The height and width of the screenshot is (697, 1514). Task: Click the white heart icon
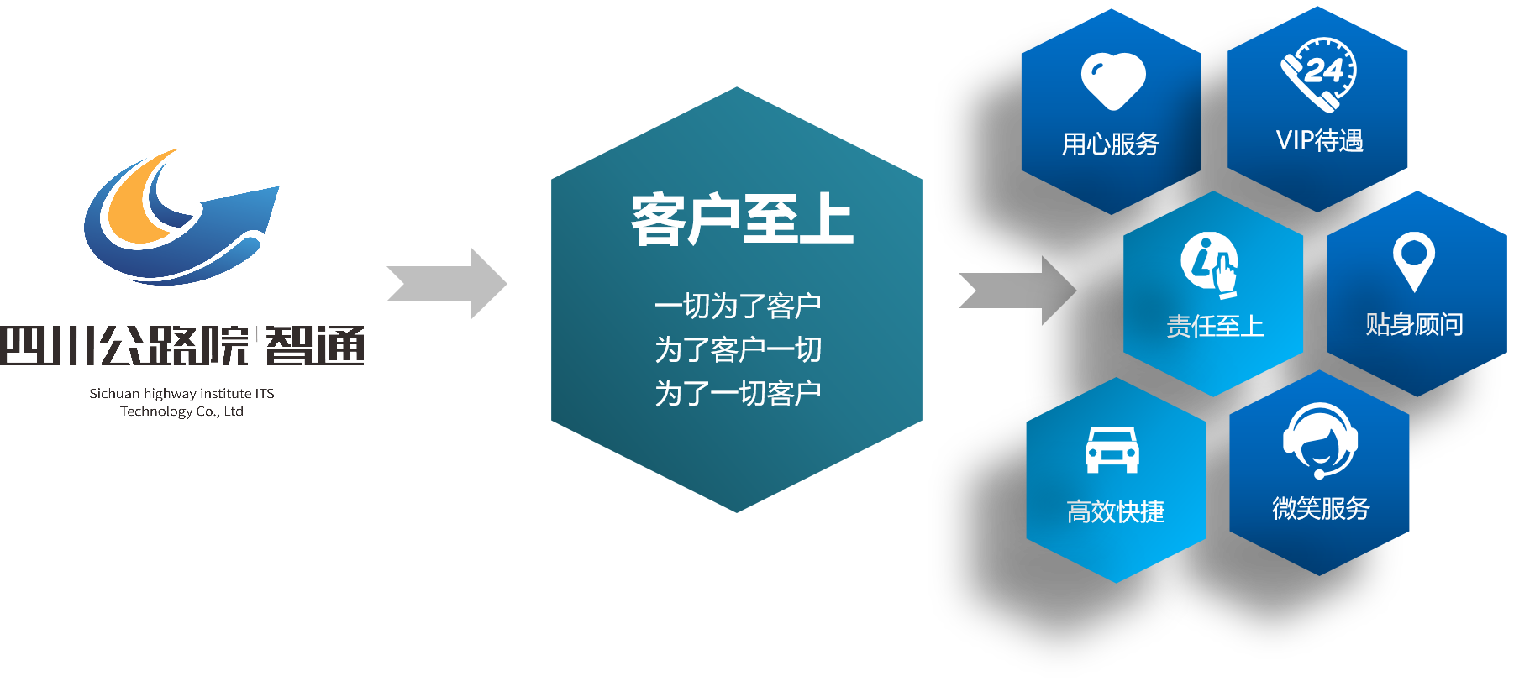[x=1113, y=81]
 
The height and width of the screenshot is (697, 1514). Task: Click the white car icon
[x=1112, y=450]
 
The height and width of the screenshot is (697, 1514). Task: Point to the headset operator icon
[x=1320, y=439]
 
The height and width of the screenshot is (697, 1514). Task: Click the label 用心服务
[x=1110, y=144]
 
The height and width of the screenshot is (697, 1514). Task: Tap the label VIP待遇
[x=1319, y=140]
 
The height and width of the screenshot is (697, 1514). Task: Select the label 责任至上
[x=1215, y=326]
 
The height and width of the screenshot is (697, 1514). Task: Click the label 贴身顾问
[x=1414, y=324]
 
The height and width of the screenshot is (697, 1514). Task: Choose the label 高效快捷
[x=1115, y=511]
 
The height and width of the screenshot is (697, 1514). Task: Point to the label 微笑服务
[x=1321, y=508]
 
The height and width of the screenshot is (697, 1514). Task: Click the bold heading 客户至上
[x=741, y=220]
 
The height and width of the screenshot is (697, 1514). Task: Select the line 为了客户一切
[x=738, y=349]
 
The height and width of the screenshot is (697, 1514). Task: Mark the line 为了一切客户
[x=738, y=393]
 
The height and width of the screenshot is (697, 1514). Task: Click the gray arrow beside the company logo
[x=449, y=284]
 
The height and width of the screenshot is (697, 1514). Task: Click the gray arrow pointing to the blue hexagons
[x=1020, y=291]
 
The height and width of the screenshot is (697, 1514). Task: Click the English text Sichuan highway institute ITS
[x=181, y=393]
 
